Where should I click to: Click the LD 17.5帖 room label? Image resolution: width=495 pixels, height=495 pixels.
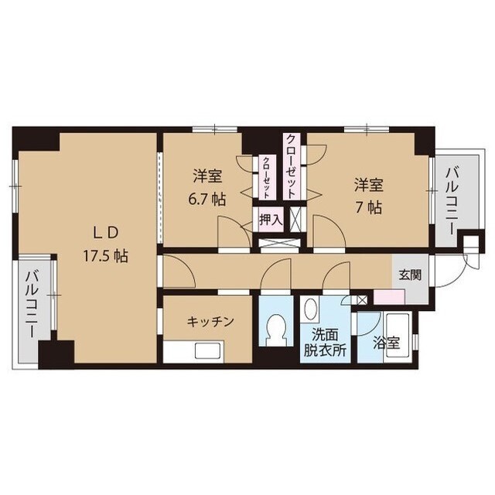(x=105, y=244)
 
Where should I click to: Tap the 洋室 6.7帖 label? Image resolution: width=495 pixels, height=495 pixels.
(x=207, y=187)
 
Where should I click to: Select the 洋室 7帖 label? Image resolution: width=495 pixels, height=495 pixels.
(x=368, y=196)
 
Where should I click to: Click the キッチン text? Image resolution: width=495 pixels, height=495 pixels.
(x=210, y=322)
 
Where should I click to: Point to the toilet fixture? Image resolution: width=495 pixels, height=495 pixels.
(x=275, y=330)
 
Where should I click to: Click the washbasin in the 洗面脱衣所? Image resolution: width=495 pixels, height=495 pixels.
(x=309, y=309)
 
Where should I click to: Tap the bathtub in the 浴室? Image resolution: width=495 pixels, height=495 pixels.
(x=398, y=337)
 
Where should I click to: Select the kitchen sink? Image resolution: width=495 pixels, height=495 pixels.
(x=207, y=351)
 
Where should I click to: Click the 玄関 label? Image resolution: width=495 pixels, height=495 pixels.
(x=410, y=275)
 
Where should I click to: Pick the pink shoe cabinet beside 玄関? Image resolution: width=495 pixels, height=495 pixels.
(x=389, y=297)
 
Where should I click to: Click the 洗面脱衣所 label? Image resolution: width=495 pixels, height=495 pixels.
(x=325, y=343)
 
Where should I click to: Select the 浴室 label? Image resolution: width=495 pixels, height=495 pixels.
(x=387, y=343)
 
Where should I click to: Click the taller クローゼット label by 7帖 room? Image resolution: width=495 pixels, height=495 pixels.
(x=291, y=166)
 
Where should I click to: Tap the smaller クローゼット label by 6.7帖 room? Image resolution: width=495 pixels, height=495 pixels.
(x=266, y=177)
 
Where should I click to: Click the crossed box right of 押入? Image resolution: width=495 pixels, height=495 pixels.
(x=295, y=220)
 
